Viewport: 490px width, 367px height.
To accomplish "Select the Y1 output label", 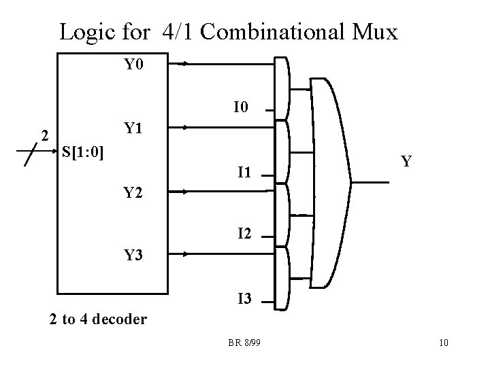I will pyautogui.click(x=133, y=128).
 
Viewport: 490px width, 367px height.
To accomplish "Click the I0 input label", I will pyautogui.click(x=242, y=107).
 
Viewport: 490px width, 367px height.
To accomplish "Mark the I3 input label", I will pyautogui.click(x=246, y=298).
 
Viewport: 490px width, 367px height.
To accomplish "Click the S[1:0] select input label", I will pyautogui.click(x=82, y=151).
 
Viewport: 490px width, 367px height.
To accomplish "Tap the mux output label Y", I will pyautogui.click(x=406, y=162).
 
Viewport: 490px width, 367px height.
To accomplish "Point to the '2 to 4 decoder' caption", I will pyautogui.click(x=98, y=318).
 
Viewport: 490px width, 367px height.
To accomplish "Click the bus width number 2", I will pyautogui.click(x=44, y=135).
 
